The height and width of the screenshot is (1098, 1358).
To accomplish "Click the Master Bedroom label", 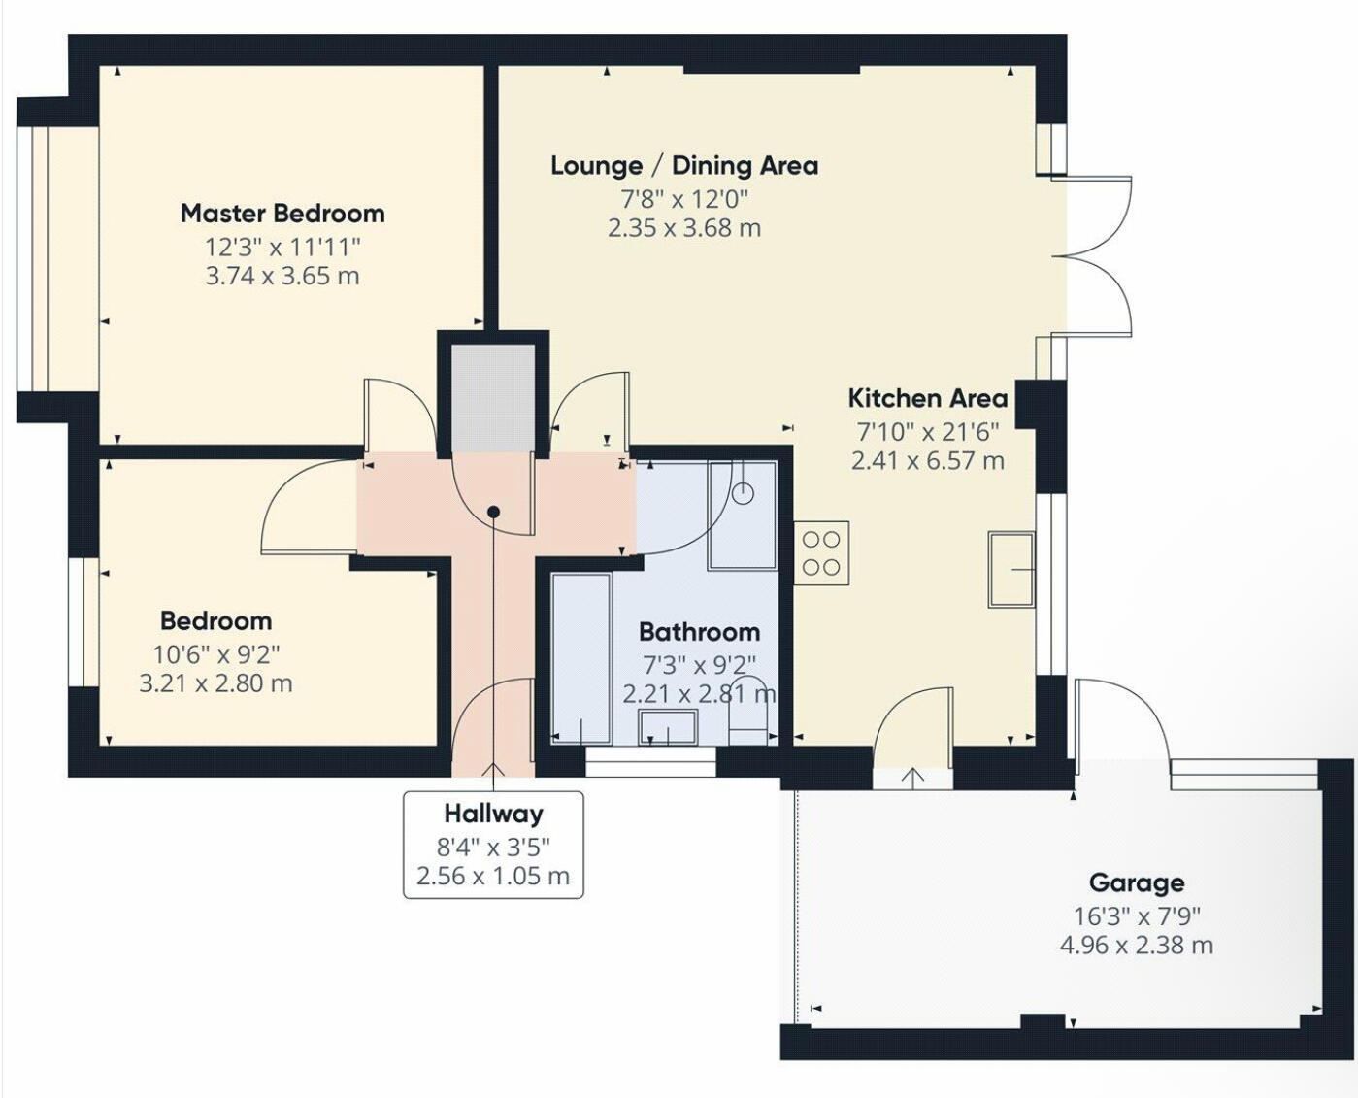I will click(x=282, y=214).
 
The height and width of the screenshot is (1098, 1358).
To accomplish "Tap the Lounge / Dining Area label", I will click(x=684, y=166).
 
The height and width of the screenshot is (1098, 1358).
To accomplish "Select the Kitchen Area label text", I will click(x=927, y=398).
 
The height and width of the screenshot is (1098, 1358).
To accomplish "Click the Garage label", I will click(x=1136, y=883).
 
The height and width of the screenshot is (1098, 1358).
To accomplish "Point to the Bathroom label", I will click(x=699, y=633).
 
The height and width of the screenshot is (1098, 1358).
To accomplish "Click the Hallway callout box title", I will click(x=493, y=814).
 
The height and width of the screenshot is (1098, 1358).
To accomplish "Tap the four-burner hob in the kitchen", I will click(x=821, y=553).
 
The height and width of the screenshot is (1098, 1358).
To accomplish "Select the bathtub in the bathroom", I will click(x=580, y=658).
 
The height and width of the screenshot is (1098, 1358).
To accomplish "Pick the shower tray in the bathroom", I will click(x=743, y=515).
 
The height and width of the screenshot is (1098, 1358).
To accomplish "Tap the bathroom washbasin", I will click(x=668, y=726).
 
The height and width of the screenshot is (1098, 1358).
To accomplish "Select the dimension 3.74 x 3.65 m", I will click(x=282, y=277).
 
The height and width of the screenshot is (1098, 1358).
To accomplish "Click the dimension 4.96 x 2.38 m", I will click(x=1136, y=946).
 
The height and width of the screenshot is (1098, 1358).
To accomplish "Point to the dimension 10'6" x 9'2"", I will click(x=215, y=655).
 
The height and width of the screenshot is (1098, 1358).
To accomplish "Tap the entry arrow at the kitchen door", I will click(x=912, y=777).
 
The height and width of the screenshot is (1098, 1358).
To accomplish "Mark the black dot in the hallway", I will click(x=493, y=512).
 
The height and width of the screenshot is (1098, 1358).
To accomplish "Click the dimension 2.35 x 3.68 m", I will click(x=684, y=229).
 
